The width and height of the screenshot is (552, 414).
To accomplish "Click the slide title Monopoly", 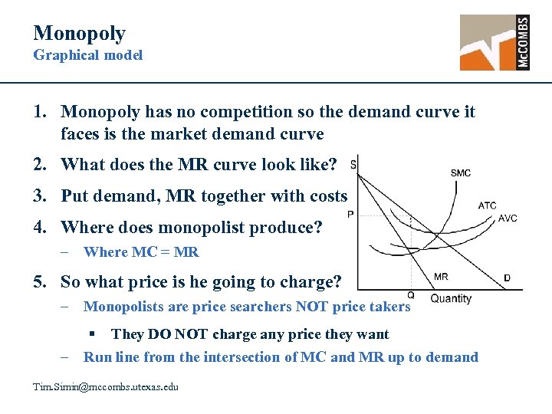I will pyautogui.click(x=79, y=33).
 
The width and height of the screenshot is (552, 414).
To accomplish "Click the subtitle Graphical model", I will pyautogui.click(x=87, y=55).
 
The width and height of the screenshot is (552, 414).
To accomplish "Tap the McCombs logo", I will pyautogui.click(x=495, y=42).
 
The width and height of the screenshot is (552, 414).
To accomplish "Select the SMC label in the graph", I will pyautogui.click(x=461, y=173).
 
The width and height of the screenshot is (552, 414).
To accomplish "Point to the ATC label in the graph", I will pyautogui.click(x=487, y=205).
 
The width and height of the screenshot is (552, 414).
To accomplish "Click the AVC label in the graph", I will pyautogui.click(x=508, y=219).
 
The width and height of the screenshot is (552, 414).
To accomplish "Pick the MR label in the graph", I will pyautogui.click(x=441, y=277).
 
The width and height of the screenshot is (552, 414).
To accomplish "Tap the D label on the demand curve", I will pyautogui.click(x=507, y=278).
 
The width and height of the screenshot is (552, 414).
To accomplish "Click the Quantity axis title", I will pyautogui.click(x=451, y=299).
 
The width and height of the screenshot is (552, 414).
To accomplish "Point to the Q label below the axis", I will pyautogui.click(x=411, y=295).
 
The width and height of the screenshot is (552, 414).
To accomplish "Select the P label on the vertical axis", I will pyautogui.click(x=350, y=215).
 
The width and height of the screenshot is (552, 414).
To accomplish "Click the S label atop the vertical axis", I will pyautogui.click(x=352, y=164).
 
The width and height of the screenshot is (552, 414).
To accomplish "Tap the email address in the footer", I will pyautogui.click(x=106, y=387).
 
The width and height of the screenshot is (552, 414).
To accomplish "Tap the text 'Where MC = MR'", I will pyautogui.click(x=141, y=252).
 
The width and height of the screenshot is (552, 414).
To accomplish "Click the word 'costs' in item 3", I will pyautogui.click(x=328, y=196).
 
